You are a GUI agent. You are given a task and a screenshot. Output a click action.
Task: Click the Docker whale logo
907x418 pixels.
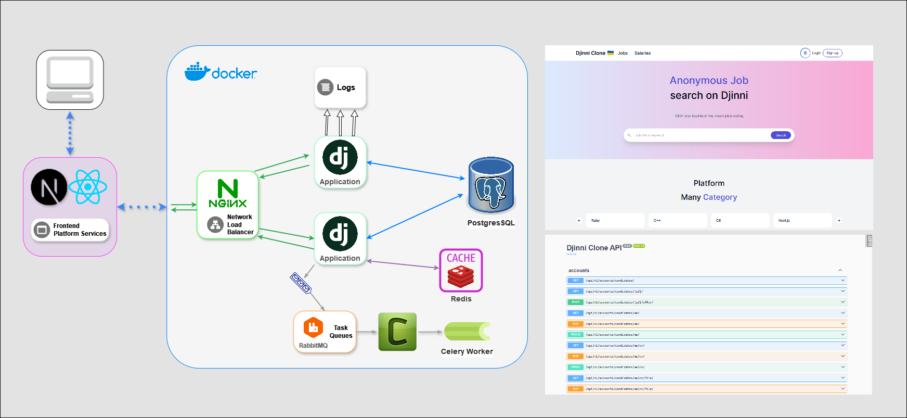pos(197,72)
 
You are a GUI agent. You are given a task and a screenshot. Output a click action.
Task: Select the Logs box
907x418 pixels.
pos(340,87)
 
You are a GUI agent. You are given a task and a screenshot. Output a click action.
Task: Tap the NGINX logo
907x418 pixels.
pos(228,193)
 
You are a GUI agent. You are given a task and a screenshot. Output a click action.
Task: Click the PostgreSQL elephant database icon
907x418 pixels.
pos(491,185)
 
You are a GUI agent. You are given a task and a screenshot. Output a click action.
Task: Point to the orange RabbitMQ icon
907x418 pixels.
pos(313,327)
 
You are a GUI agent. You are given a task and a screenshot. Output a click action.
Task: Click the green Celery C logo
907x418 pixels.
pos(397,332)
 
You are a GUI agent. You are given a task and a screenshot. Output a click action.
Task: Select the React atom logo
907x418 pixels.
pos(88,186)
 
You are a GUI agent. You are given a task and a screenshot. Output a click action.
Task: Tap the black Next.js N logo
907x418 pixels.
pos(49,187)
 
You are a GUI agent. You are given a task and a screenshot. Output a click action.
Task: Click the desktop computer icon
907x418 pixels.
pos(70,80)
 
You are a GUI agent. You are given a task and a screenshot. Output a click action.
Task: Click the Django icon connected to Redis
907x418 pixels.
pos(340,234)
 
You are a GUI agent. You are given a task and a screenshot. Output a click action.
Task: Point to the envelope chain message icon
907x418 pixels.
pos(301,283)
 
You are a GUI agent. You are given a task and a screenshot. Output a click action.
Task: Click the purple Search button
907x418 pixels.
pos(781,135)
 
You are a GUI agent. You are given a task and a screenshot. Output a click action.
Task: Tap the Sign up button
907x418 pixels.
pos(832,53)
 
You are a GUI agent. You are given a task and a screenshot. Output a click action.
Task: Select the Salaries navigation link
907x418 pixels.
pos(642,53)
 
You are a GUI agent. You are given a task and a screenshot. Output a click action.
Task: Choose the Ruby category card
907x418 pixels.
pos(615,220)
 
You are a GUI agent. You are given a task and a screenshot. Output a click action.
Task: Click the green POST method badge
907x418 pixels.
pos(576,302)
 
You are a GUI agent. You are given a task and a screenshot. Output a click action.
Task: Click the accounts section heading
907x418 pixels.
pos(579,271)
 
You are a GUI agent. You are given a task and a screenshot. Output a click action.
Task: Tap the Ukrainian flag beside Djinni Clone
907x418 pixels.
pos(611,53)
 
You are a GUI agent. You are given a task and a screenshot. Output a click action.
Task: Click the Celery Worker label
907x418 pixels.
pos(467,351)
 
